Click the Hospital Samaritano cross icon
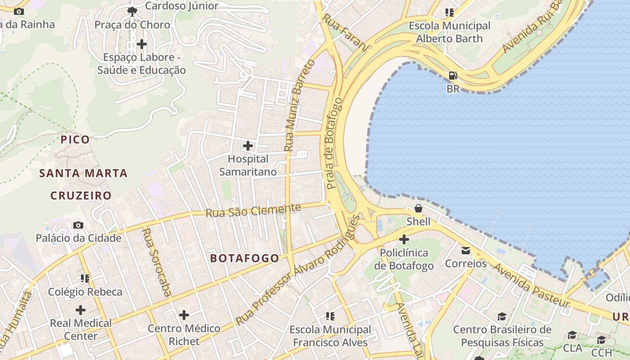[x=248, y=146]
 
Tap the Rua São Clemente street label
[x=253, y=210]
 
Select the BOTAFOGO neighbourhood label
[x=244, y=258]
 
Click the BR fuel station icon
[x=453, y=75]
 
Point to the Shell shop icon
[x=418, y=208]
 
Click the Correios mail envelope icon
[x=465, y=250]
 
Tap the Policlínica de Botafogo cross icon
[x=404, y=239]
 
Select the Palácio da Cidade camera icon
[x=78, y=225]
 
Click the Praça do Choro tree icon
[x=132, y=11]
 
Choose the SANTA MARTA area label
[x=83, y=173]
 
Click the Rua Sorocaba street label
[x=156, y=262]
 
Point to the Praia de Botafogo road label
[x=334, y=143]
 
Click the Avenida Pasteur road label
[x=531, y=285]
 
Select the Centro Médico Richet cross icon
[x=184, y=315]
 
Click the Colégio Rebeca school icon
[x=85, y=279]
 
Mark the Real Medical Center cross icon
[x=81, y=310]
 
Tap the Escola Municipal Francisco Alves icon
[x=330, y=316]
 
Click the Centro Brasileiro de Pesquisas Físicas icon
[x=502, y=317]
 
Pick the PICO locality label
[x=75, y=139]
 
